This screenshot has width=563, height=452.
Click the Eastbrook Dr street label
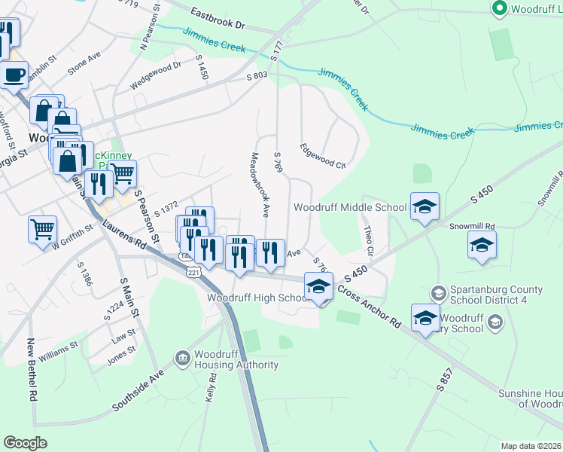218,19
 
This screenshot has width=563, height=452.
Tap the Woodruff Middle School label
350,207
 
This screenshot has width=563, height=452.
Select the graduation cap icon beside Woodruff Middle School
425,206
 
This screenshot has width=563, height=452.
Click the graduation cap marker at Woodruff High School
319,286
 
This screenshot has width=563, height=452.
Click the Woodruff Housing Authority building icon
182,359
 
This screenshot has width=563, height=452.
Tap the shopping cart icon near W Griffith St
42,228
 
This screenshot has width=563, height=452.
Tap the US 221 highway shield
194,270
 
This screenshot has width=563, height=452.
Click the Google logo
25,443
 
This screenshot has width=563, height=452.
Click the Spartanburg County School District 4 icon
438,292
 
